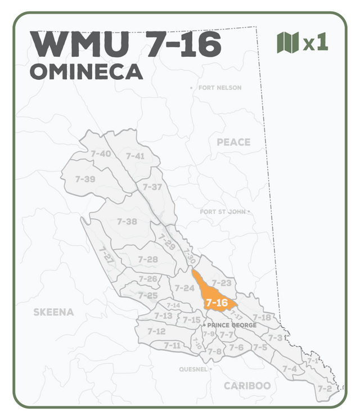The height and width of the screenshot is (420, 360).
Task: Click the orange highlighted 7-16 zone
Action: tap(215, 298)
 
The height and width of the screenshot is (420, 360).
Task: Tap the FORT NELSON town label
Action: tap(219, 88)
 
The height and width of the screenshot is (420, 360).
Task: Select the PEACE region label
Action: tap(233, 142)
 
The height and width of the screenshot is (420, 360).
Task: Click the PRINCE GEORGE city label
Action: tap(232, 326)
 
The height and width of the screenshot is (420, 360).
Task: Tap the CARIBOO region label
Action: tap(247, 386)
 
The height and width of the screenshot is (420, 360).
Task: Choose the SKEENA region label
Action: tap(53, 312)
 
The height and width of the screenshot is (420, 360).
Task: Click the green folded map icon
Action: tap(287, 43)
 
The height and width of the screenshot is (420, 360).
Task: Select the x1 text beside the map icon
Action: tap(316, 43)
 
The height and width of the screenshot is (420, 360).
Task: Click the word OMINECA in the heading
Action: tap(86, 72)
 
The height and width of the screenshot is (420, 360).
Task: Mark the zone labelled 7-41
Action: tap(135, 156)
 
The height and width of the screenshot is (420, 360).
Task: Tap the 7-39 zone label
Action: tap(85, 179)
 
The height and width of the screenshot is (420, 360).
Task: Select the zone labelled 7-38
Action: tap(127, 222)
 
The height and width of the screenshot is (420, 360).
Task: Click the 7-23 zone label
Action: tap(222, 282)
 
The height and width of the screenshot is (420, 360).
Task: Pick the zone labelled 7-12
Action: tap(156, 331)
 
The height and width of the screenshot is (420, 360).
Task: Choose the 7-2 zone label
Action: tap(325, 389)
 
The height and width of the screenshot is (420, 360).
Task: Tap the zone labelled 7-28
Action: tap(148, 259)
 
